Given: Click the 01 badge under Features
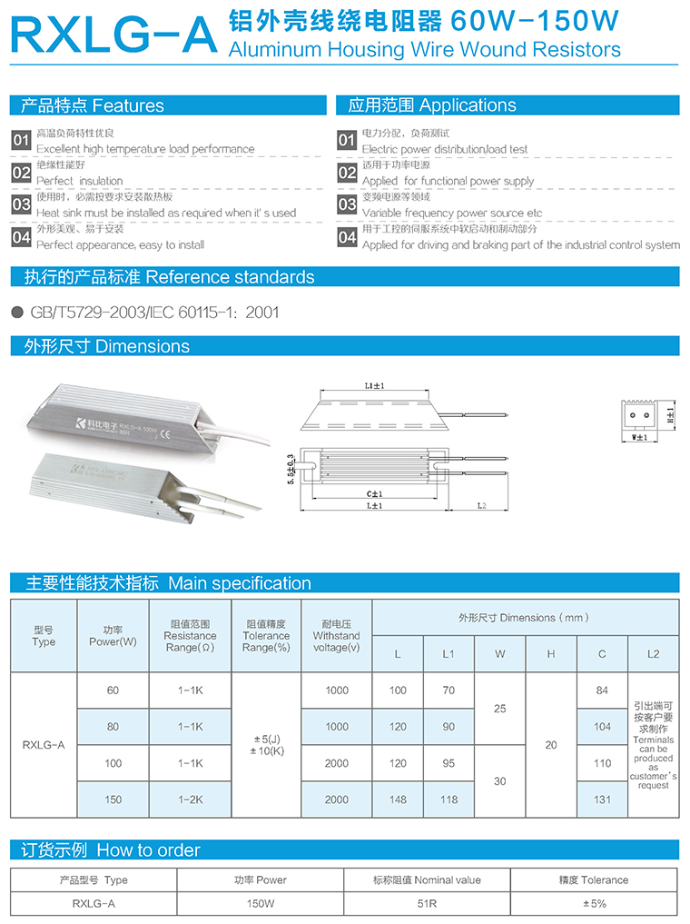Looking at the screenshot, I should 21,141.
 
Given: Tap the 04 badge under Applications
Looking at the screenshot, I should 348,237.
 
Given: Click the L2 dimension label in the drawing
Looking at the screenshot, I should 480,505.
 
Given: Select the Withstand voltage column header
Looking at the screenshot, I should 336,635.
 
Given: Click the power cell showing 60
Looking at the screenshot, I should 113,691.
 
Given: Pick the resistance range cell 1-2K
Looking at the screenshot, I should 190,800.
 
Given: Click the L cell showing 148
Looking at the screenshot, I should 398,800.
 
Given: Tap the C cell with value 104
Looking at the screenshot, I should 602,727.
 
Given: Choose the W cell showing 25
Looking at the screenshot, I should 499,709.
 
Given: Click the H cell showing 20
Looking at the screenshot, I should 550,745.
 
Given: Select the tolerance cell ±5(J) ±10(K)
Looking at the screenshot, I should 266,745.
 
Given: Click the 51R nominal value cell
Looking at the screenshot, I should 427,904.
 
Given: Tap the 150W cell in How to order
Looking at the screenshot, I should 260,904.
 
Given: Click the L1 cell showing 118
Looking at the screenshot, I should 448,800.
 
